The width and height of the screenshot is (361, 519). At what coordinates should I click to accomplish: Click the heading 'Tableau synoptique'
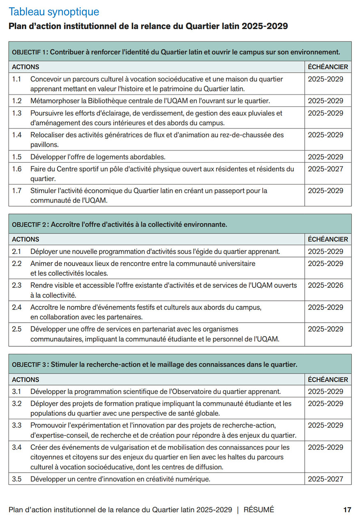click(54, 12)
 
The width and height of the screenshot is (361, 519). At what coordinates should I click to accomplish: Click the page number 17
click(347, 510)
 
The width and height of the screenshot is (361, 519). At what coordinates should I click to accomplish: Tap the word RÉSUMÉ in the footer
click(258, 510)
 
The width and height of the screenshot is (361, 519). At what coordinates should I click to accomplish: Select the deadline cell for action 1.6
click(326, 169)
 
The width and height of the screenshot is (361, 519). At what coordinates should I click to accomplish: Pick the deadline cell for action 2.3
click(326, 285)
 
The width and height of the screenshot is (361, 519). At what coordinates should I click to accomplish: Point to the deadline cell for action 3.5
click(326, 479)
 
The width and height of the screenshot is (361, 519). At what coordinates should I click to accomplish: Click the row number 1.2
click(16, 101)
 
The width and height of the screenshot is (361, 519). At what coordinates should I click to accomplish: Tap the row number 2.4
click(17, 307)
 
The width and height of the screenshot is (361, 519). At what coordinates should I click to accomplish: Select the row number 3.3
click(17, 426)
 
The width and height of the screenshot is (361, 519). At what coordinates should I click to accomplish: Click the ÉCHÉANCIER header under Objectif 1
click(328, 67)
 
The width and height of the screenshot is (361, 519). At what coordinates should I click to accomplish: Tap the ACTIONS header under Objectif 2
click(25, 239)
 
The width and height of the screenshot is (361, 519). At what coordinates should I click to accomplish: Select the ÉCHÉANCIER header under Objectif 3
click(328, 380)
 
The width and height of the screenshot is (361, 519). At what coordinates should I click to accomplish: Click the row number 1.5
click(16, 157)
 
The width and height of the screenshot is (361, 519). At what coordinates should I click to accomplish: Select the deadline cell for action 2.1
click(326, 251)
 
